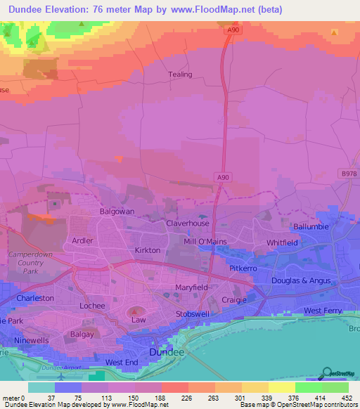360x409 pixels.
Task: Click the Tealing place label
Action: tap(179, 74)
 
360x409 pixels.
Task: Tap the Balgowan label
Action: tap(117, 211)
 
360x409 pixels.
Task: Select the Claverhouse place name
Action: tap(188, 223)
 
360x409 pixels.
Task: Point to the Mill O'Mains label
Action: tap(205, 242)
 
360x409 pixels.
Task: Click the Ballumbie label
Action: tap(311, 227)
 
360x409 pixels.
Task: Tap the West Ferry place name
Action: tap(323, 311)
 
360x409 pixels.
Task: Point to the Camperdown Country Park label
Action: tap(26, 262)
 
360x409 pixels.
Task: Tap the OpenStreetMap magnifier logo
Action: tap(326, 374)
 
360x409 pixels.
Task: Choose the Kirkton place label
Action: tap(148, 250)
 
